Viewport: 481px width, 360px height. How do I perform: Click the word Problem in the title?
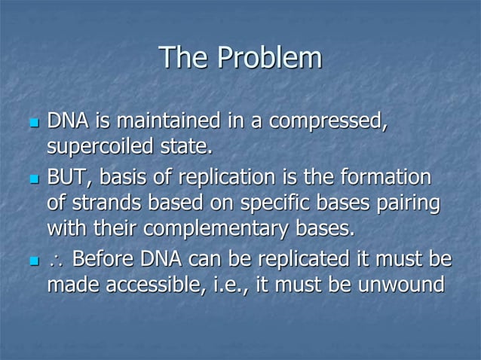click(269, 59)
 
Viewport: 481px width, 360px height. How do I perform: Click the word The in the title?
click(186, 59)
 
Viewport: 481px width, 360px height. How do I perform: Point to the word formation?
click(387, 178)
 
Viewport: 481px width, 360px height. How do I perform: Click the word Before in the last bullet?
click(103, 261)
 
